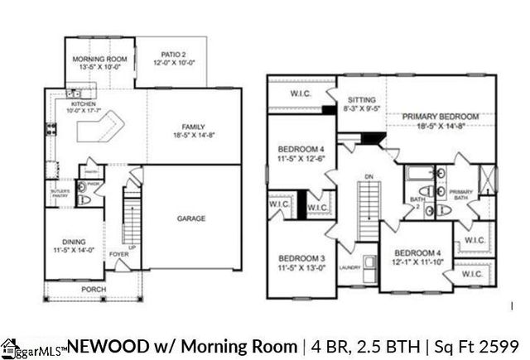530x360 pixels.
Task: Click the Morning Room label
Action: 99,60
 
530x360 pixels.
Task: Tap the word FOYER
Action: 118,254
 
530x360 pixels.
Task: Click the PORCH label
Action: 93,290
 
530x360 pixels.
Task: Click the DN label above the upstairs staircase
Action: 369,176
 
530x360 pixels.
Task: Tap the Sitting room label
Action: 361,97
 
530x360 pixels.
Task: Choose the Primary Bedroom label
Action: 441,117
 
